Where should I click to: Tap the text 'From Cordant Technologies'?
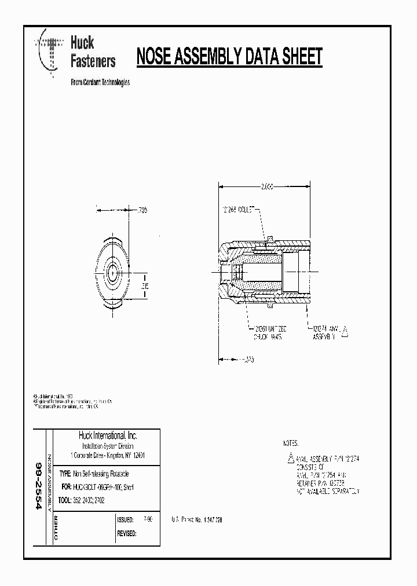tap(100, 82)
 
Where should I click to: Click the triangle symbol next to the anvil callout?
tap(346, 331)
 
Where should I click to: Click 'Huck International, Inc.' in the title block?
tap(108, 435)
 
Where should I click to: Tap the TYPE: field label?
tap(65, 474)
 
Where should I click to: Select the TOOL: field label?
tap(65, 499)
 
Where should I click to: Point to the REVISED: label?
tap(127, 533)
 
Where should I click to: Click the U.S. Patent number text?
tap(197, 520)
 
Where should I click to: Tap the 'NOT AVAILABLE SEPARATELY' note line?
tap(328, 491)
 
